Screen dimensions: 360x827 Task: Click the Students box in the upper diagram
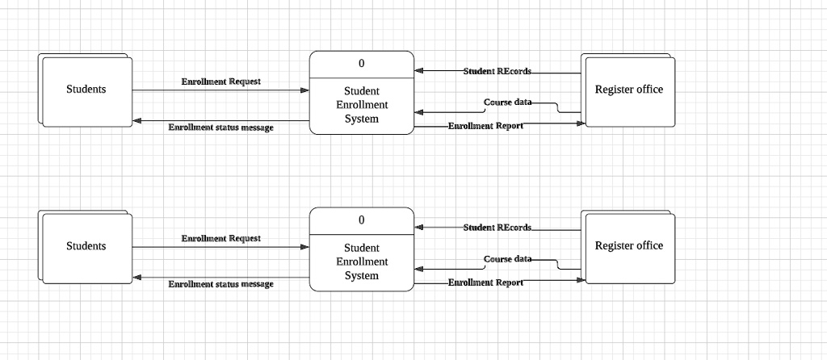coord(86,90)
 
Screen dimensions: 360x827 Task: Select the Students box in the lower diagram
coord(86,246)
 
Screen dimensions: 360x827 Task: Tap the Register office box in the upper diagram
coord(628,90)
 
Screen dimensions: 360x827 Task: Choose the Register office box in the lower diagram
coord(628,246)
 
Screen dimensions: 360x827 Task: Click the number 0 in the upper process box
coord(361,64)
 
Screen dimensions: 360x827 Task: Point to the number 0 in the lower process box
coord(361,220)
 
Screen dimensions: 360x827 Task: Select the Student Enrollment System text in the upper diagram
coord(361,105)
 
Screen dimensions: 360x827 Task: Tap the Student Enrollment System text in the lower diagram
coord(361,262)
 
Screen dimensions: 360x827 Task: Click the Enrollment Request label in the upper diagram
coord(220,82)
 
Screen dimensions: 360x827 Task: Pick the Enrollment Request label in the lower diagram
coord(220,239)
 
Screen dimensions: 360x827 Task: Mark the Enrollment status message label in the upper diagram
coord(220,128)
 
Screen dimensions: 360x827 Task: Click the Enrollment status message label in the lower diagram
coord(220,284)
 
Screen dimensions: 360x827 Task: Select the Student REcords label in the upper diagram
coord(497,71)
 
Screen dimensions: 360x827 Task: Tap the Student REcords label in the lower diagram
coord(497,228)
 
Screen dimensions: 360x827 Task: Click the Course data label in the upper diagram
coord(507,103)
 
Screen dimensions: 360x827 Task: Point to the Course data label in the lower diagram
coord(507,259)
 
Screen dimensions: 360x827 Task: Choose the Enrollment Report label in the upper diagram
coord(485,126)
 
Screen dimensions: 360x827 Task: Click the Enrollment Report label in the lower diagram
coord(485,283)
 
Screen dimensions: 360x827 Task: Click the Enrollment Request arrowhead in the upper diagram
coord(304,90)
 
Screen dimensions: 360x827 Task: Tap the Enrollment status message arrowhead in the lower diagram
coord(137,278)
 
